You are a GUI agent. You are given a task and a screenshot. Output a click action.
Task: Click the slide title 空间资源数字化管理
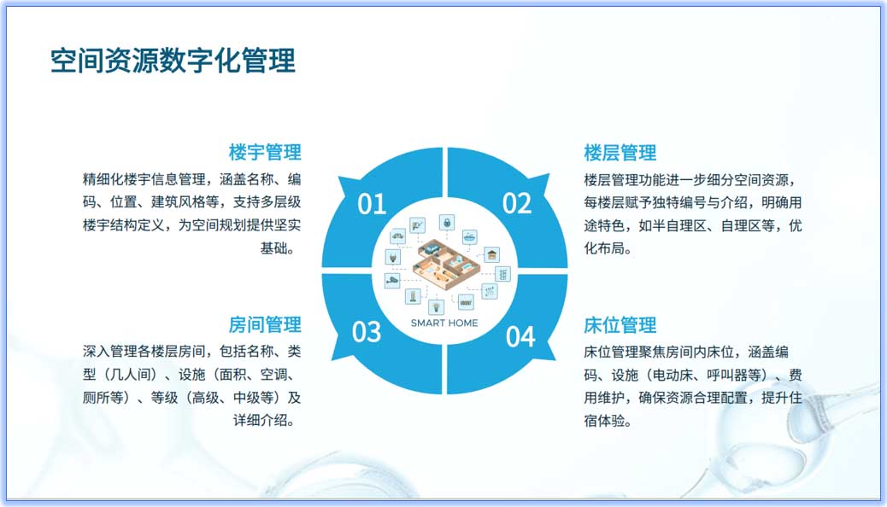(173, 61)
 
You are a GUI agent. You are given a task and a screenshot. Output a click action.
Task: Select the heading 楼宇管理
(265, 153)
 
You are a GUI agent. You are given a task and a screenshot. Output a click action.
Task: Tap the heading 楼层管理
(620, 153)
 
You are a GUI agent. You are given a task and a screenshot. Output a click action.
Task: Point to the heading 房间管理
(265, 325)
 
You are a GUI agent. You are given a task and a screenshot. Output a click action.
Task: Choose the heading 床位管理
(620, 325)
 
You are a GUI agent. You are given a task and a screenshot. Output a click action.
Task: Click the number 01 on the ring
(372, 204)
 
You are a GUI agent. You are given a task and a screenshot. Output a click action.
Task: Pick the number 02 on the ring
(516, 203)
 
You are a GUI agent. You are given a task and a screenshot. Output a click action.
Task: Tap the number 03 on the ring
(367, 331)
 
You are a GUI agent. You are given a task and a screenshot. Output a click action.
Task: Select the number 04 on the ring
(520, 336)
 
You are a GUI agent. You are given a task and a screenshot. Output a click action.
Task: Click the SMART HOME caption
(444, 323)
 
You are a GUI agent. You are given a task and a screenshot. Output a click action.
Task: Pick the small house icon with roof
(491, 254)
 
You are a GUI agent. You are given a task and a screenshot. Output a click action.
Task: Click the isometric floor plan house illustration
(443, 264)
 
